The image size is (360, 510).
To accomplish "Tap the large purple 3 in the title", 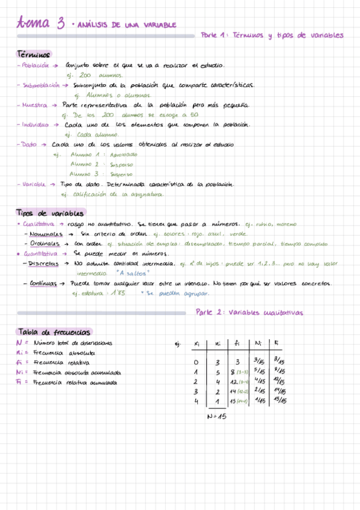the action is (61, 24).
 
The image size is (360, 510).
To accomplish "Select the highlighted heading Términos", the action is (34, 54).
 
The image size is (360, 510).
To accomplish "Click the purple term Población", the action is (35, 66).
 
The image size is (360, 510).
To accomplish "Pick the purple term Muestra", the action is (34, 105).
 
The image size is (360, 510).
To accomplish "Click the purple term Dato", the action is (29, 144).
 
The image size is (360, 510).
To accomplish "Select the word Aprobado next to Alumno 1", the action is (124, 155).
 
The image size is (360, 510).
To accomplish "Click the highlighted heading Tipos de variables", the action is (50, 214).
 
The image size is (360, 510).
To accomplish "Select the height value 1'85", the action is (117, 293).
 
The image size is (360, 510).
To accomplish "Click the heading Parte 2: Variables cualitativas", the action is (249, 313).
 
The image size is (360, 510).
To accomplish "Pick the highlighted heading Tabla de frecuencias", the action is (54, 332).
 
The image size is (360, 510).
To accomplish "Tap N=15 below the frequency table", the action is (216, 417).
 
